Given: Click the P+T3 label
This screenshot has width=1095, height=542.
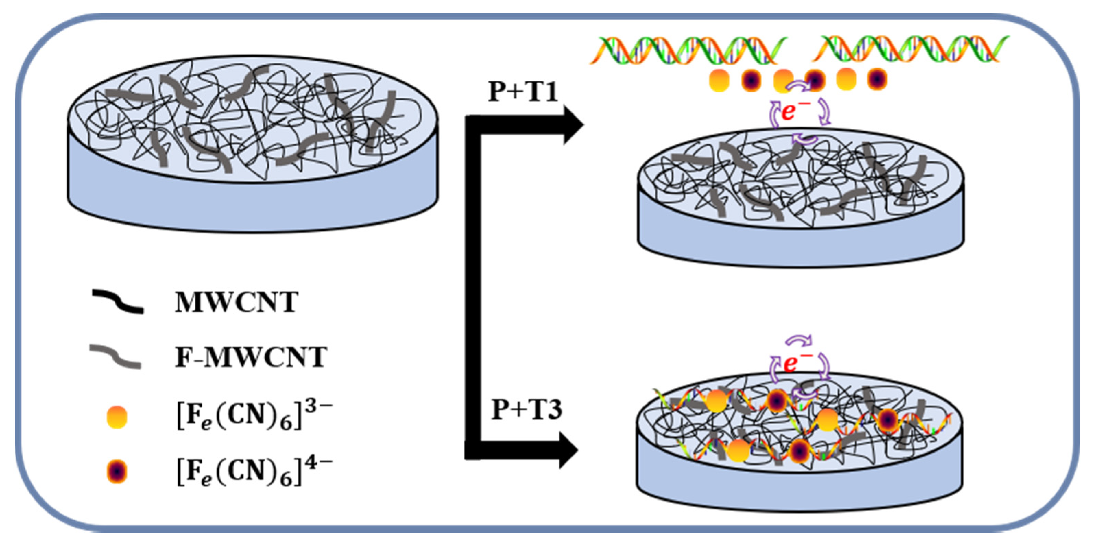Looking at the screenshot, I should pyautogui.click(x=526, y=410).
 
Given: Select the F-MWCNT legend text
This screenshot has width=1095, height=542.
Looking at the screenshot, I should pyautogui.click(x=251, y=357).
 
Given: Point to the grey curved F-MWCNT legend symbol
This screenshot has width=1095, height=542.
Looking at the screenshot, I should pyautogui.click(x=115, y=356).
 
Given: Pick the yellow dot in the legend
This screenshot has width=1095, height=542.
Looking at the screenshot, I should pyautogui.click(x=117, y=417).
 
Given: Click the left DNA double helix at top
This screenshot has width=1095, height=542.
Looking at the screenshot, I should pyautogui.click(x=688, y=50).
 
